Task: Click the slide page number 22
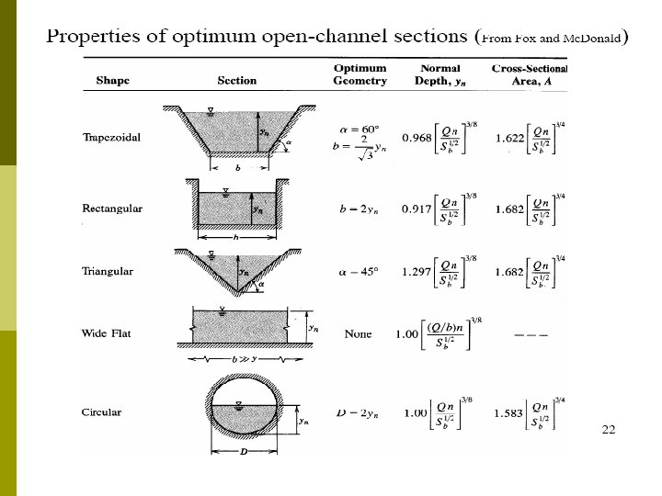coord(608,429)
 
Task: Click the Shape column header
coord(112,80)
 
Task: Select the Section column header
coord(236,80)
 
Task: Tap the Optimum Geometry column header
coord(360,74)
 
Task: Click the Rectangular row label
coord(112,209)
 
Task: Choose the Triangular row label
coord(108,271)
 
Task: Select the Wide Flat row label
coord(107,333)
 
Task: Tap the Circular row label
coord(101,411)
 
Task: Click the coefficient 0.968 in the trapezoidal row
coord(417,139)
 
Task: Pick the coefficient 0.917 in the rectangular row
coord(417,209)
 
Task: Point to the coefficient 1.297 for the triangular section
coord(417,271)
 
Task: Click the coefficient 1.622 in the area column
coord(510,139)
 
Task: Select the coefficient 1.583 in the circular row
coord(510,411)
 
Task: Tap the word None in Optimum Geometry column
coord(358,333)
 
